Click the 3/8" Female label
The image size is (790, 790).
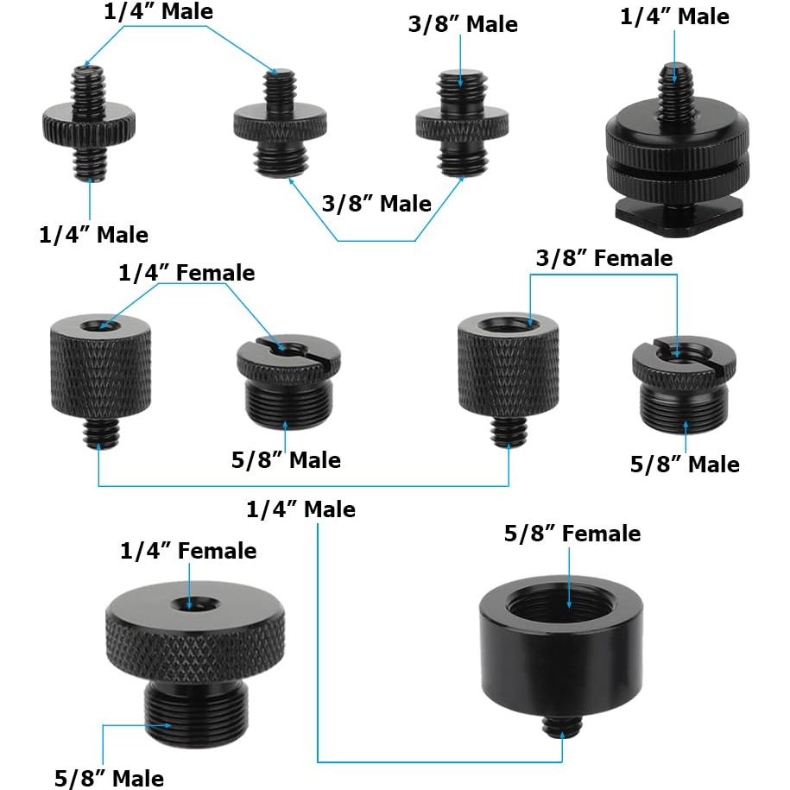[604, 257]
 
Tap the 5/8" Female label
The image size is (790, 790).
[572, 534]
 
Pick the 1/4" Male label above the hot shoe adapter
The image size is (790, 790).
[674, 16]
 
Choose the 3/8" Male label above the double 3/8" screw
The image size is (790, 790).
[463, 24]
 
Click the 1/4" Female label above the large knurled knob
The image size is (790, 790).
[188, 550]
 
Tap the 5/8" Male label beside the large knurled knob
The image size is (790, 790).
[108, 777]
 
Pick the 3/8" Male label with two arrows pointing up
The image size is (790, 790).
[376, 204]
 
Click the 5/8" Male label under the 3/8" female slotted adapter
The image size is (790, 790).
[685, 465]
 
